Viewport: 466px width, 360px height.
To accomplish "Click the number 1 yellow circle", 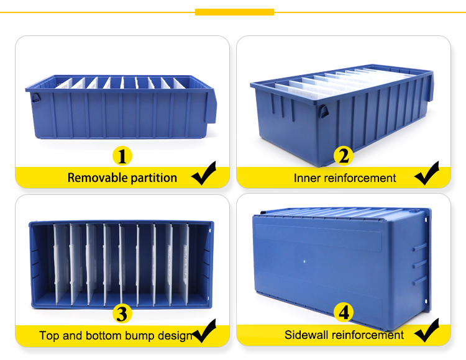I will point(122,155).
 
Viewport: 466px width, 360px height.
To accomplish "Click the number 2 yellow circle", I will point(343,156).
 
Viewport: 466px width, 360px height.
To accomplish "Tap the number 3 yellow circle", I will point(122,313).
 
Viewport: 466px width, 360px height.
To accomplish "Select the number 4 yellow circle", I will point(344,313).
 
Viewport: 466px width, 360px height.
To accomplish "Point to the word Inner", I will point(308,178).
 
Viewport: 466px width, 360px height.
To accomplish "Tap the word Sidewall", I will point(307,335).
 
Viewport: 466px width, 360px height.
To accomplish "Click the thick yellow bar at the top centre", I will point(234,12).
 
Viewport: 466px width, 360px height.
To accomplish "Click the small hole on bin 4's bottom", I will point(304,262).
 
